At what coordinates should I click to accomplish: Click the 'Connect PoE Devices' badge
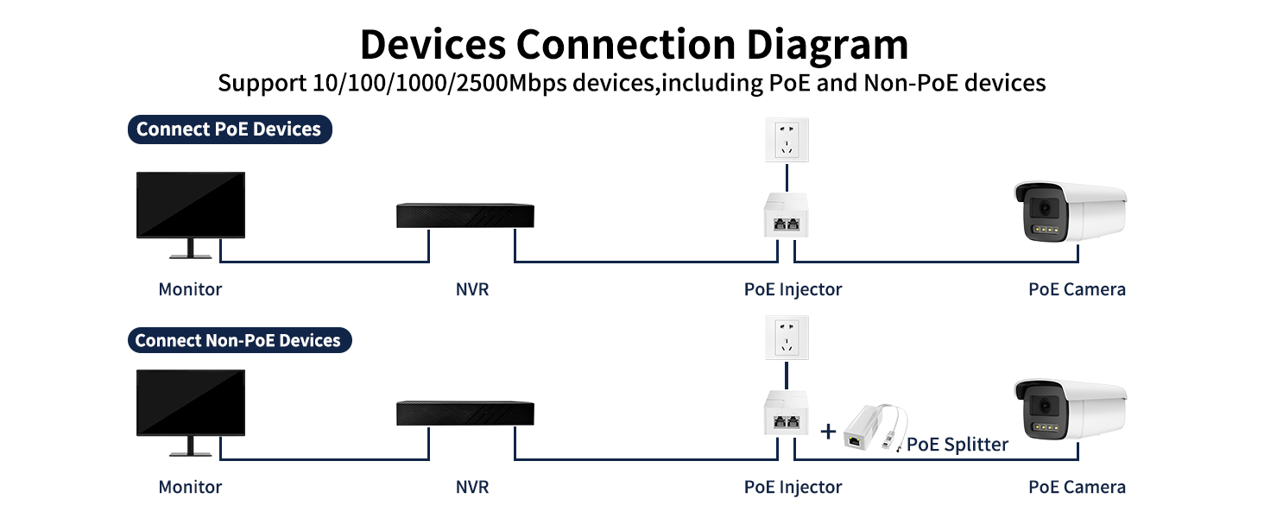pyautogui.click(x=230, y=129)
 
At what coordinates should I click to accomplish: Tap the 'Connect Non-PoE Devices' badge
pyautogui.click(x=240, y=340)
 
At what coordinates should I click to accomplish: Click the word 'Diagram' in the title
pyautogui.click(x=827, y=45)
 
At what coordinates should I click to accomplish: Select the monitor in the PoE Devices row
pyautogui.click(x=191, y=214)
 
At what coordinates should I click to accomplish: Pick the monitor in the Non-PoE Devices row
pyautogui.click(x=191, y=413)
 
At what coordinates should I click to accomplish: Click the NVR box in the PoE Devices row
pyautogui.click(x=465, y=216)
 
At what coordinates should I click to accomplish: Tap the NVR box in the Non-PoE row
pyautogui.click(x=465, y=413)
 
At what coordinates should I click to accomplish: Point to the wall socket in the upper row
pyautogui.click(x=787, y=140)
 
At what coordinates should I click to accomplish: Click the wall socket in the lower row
pyautogui.click(x=787, y=338)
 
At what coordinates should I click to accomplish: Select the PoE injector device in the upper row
pyautogui.click(x=786, y=216)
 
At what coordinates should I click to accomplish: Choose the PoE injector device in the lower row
pyautogui.click(x=786, y=413)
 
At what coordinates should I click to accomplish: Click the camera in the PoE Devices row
pyautogui.click(x=1071, y=212)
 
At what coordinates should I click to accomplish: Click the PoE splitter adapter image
pyautogui.click(x=875, y=427)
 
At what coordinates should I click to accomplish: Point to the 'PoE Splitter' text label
pyautogui.click(x=957, y=444)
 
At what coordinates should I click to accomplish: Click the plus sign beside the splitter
pyautogui.click(x=828, y=432)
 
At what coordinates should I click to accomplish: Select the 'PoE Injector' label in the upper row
pyautogui.click(x=793, y=289)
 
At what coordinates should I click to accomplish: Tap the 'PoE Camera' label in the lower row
pyautogui.click(x=1077, y=487)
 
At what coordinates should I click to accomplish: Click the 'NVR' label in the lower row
pyautogui.click(x=472, y=487)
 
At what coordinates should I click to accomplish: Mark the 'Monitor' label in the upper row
pyautogui.click(x=190, y=289)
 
